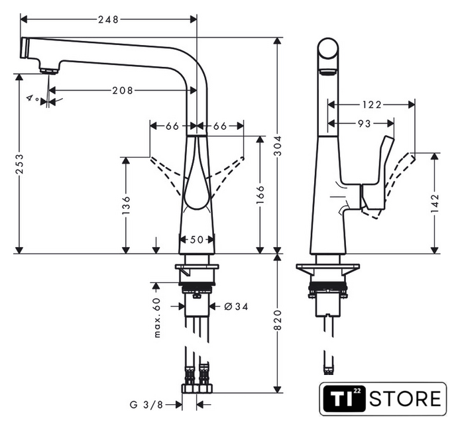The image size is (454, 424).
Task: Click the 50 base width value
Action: click(x=197, y=240)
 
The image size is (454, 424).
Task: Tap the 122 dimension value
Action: click(x=372, y=104)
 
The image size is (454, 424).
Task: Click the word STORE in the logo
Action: click(x=404, y=399)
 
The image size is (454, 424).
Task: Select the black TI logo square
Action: click(x=341, y=399)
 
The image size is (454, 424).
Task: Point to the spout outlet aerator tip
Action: click(x=46, y=70)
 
